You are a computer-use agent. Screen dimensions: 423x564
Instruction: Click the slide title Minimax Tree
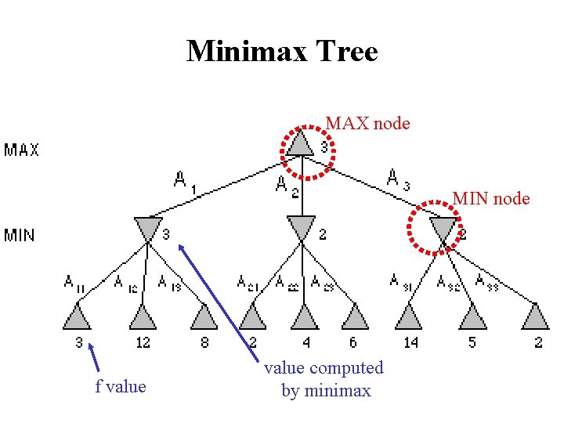(282, 52)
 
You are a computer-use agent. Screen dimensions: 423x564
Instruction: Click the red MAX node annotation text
(367, 123)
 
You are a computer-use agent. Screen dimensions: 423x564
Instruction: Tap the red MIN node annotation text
(490, 199)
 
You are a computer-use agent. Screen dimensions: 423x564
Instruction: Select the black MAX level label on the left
(21, 149)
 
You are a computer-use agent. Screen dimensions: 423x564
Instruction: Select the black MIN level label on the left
(20, 234)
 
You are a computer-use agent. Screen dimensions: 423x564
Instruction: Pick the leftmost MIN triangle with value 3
(147, 229)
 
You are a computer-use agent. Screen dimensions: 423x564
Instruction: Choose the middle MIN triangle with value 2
(302, 229)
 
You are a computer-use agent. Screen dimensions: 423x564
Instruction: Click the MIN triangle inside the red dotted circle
(443, 229)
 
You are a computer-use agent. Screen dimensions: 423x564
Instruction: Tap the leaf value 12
(143, 342)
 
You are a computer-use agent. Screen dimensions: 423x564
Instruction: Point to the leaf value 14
(410, 342)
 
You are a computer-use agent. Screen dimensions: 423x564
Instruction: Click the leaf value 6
(353, 342)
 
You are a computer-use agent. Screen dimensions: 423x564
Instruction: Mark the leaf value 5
(472, 342)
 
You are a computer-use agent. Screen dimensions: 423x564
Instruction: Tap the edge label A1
(184, 182)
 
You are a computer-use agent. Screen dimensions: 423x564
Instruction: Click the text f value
(121, 385)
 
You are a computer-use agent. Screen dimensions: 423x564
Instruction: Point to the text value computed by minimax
(324, 378)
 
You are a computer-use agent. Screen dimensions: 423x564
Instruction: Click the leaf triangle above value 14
(409, 317)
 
